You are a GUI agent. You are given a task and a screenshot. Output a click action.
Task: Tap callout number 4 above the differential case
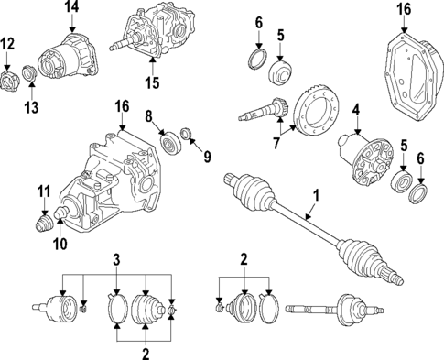[x=356, y=111]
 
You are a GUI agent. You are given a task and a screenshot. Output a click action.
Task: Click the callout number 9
[x=207, y=156]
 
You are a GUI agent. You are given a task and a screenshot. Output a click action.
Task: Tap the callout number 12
[x=8, y=43]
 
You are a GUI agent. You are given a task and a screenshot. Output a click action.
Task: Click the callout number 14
[x=72, y=9]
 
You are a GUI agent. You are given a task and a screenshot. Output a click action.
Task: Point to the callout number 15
[x=152, y=84]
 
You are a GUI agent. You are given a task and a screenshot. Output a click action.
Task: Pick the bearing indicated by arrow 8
[x=169, y=144]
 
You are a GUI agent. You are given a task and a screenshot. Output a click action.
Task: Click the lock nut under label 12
[x=10, y=81]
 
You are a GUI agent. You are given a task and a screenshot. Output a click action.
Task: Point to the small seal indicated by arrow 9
[x=188, y=137]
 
